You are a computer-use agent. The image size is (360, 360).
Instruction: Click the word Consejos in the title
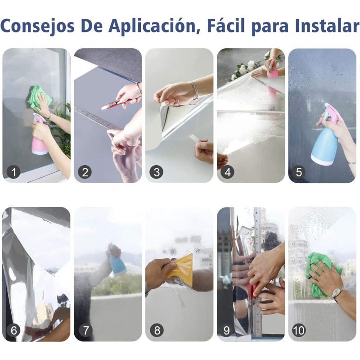pos(37,26)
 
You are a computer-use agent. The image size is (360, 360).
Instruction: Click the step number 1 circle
pos(13,172)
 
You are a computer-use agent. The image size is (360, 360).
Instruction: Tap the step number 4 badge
pos(228,172)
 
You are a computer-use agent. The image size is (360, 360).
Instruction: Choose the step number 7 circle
pos(85,330)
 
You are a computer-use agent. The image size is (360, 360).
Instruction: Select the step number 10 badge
pos(299,330)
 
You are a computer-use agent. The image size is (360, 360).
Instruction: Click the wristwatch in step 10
pos(337,293)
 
